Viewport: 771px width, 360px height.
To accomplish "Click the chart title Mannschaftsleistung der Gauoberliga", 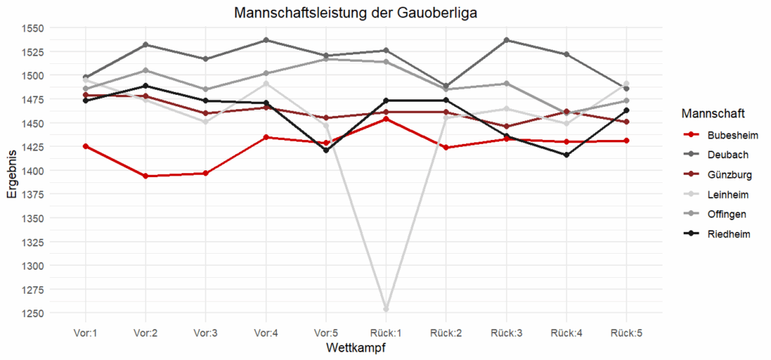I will pyautogui.click(x=355, y=13).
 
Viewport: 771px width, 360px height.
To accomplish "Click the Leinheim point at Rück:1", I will pyautogui.click(x=386, y=309).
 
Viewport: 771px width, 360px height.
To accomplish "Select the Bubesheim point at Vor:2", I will pyautogui.click(x=145, y=176).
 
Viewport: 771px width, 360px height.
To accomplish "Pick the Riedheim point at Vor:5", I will pyautogui.click(x=326, y=151).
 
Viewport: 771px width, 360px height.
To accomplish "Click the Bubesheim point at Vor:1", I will pyautogui.click(x=85, y=146).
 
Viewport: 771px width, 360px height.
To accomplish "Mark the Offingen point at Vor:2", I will pyautogui.click(x=145, y=71).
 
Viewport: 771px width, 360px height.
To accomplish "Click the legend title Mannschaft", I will pyautogui.click(x=712, y=114).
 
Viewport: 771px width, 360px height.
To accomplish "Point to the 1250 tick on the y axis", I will pyautogui.click(x=34, y=313).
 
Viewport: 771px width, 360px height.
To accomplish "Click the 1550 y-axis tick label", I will pyautogui.click(x=34, y=28).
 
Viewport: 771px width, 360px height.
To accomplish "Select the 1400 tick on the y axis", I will pyautogui.click(x=34, y=171).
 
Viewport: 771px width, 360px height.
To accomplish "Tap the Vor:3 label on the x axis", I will pyautogui.click(x=206, y=332).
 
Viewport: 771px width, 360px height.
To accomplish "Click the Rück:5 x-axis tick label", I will pyautogui.click(x=626, y=332).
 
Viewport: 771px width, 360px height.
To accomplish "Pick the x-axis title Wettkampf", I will pyautogui.click(x=356, y=348).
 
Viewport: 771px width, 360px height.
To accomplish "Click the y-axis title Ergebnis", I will pyautogui.click(x=12, y=171).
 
